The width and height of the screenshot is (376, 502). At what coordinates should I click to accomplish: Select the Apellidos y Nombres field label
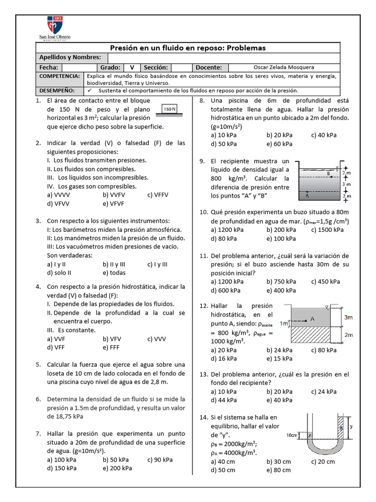pyautogui.click(x=70, y=57)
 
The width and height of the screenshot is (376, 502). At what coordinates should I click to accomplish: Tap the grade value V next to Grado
pyautogui.click(x=132, y=67)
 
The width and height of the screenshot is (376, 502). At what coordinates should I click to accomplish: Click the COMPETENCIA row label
pyautogui.click(x=59, y=76)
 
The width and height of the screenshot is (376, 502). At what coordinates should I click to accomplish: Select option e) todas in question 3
pyautogui.click(x=114, y=273)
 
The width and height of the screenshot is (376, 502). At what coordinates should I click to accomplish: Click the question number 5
pyautogui.click(x=38, y=365)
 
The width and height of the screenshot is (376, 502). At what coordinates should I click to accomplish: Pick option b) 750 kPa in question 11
pyautogui.click(x=281, y=281)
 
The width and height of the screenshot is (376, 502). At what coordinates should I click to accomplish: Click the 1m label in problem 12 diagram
pyautogui.click(x=283, y=323)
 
